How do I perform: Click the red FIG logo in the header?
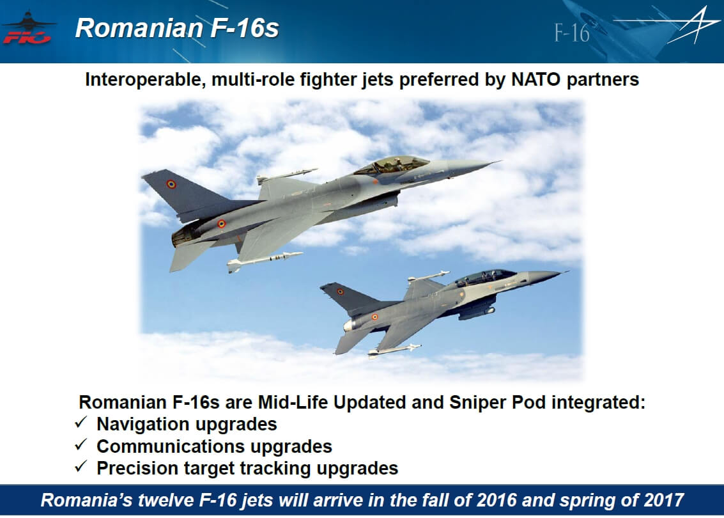(x=27, y=37)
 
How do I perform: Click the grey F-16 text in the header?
(x=572, y=33)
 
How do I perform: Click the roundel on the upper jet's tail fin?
(x=171, y=184)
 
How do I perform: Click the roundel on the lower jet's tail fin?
(x=341, y=292)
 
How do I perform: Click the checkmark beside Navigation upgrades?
(x=81, y=422)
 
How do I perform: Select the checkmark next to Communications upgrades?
(x=81, y=444)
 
